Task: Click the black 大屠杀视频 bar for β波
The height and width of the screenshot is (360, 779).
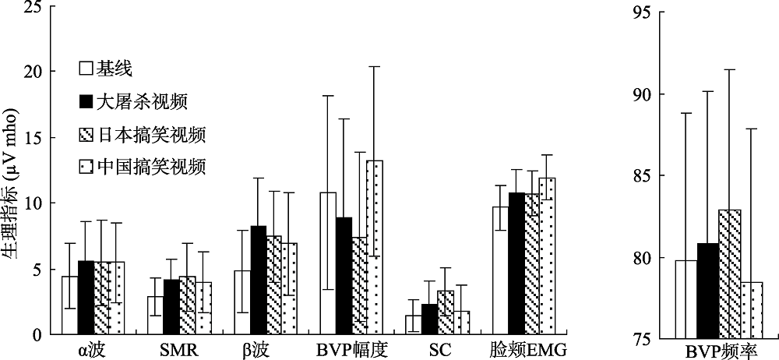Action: point(258,280)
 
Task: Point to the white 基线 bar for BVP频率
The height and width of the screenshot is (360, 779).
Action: point(686,299)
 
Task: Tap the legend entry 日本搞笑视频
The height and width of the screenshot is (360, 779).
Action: point(141,134)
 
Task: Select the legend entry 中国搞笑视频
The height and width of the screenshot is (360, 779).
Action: point(141,167)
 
